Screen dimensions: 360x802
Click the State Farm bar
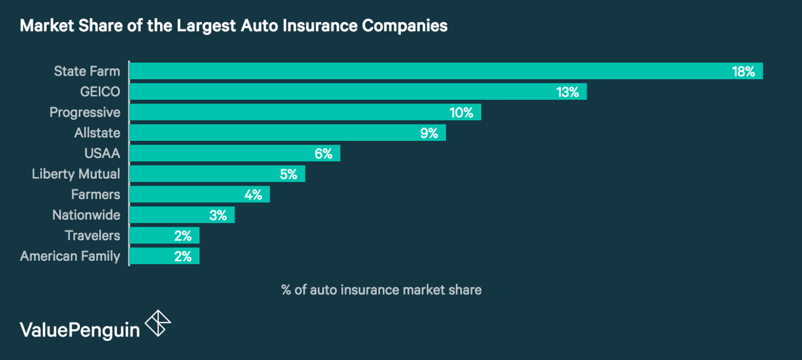[426, 71]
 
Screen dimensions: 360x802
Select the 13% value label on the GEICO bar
[567, 92]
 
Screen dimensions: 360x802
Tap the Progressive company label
[85, 112]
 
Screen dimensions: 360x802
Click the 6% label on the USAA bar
[323, 154]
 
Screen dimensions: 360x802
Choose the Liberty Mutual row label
[76, 174]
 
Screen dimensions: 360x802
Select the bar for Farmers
[190, 195]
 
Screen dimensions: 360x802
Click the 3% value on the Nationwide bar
[218, 216]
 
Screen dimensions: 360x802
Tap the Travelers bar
[150, 236]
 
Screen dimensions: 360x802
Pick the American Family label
[70, 256]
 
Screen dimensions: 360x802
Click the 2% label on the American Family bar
[183, 257]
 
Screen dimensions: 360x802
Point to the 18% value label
[743, 72]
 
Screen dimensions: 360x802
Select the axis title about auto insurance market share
[381, 290]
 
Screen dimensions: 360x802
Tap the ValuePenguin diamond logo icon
[158, 323]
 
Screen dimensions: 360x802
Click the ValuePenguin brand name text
[80, 330]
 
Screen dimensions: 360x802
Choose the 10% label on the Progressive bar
[461, 113]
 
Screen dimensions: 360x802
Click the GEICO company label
[100, 92]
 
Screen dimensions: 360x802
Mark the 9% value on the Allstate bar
[429, 133]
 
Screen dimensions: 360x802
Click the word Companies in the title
[405, 26]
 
